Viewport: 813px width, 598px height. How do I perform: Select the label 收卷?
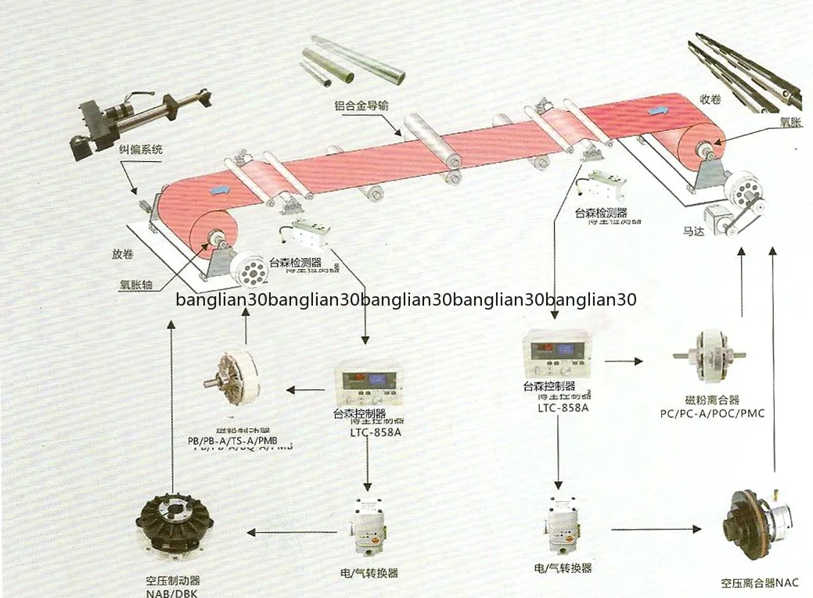(710, 100)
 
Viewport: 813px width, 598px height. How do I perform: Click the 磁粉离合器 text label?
(711, 399)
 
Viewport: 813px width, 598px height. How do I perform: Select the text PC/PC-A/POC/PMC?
(712, 413)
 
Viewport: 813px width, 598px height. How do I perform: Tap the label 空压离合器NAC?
(759, 583)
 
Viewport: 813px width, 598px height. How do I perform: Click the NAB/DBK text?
(173, 592)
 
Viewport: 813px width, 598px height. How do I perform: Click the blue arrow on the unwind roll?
(221, 189)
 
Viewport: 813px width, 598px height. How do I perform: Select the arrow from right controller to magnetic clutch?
(624, 361)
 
